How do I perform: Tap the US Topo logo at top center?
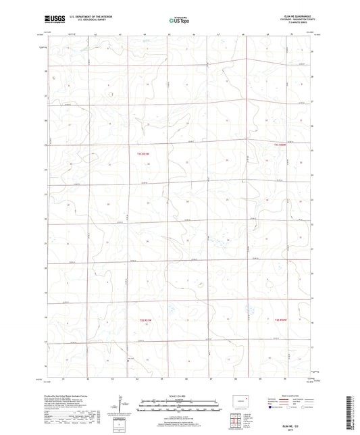tap(179, 21)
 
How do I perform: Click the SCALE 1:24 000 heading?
tap(179, 396)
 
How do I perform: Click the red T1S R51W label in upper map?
tap(137, 155)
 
